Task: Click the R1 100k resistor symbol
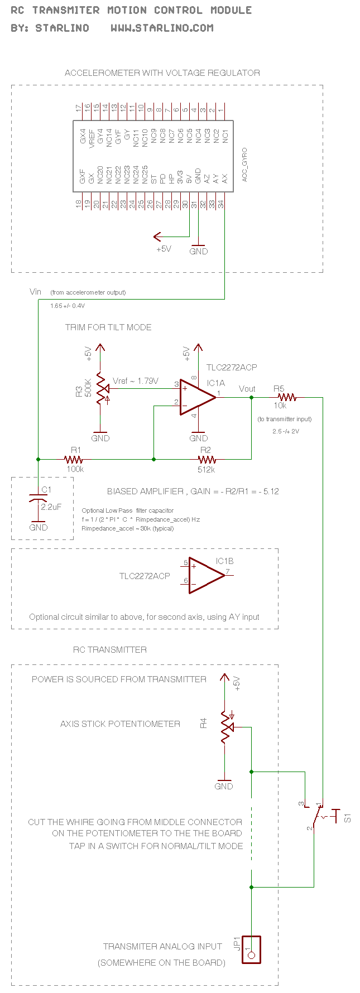pos(74,460)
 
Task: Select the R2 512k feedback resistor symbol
pos(207,460)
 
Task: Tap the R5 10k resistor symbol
pos(287,397)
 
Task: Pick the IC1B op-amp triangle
pos(207,575)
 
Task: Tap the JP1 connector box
pos(251,949)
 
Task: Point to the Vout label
pos(247,389)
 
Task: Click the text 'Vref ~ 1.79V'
pos(136,381)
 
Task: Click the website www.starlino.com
pos(162,28)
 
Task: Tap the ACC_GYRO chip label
pos(244,165)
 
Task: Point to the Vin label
pos(35,291)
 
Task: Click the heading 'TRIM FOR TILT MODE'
pos(108,327)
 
